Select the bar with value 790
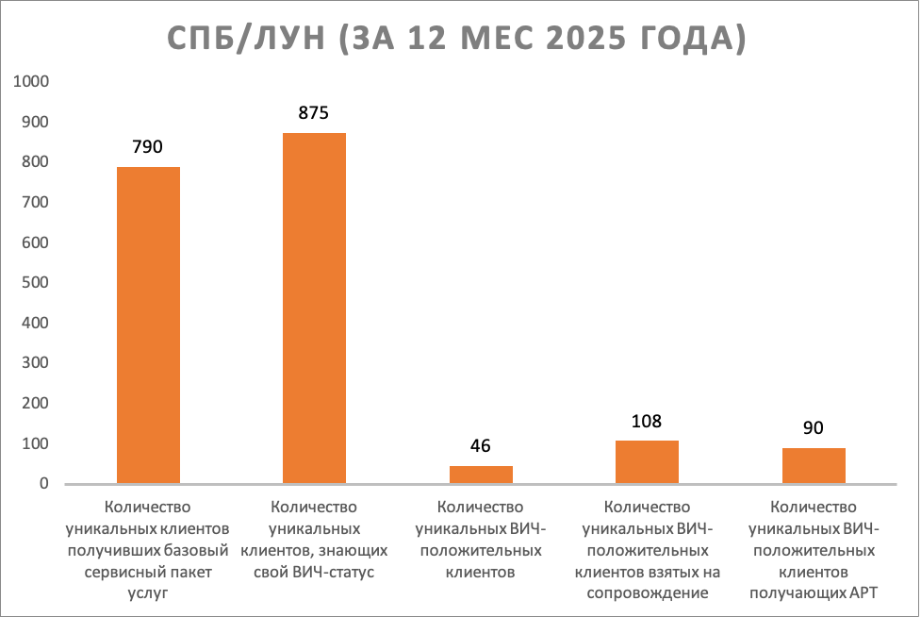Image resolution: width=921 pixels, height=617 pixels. (148, 325)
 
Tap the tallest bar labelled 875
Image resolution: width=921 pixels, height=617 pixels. (314, 308)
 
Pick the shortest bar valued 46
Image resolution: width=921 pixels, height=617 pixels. (481, 475)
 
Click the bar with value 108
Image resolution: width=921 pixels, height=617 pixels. (647, 462)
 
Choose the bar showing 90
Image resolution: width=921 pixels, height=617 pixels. (814, 466)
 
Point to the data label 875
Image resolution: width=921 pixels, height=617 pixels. (314, 113)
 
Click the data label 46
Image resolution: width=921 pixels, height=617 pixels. (481, 446)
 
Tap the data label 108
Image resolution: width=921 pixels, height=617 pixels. (647, 421)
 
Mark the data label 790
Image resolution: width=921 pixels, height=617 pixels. (148, 147)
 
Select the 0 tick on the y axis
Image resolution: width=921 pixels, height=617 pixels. (43, 484)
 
